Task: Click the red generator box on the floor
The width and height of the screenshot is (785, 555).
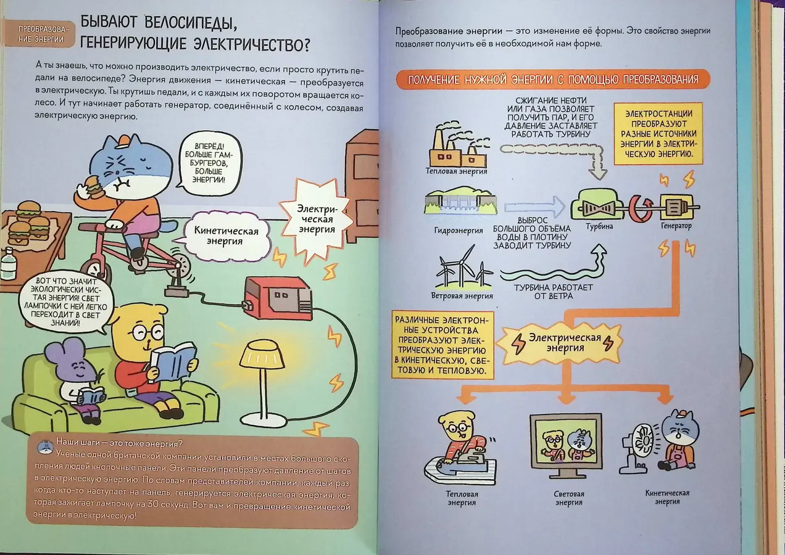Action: pos(278,298)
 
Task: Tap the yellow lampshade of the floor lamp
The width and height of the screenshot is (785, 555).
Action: pos(262,355)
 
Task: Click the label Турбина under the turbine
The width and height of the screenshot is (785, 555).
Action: pos(599,226)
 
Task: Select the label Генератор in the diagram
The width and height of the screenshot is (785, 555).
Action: pos(676,226)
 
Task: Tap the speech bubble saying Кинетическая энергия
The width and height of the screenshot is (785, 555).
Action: pos(226,236)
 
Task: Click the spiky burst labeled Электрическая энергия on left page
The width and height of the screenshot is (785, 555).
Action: pos(316,219)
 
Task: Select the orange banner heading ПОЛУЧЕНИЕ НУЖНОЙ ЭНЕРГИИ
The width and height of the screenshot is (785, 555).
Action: pos(553,80)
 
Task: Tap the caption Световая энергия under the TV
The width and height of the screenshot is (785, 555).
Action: pos(569,498)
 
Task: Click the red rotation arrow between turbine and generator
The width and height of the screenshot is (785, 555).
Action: pos(639,208)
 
